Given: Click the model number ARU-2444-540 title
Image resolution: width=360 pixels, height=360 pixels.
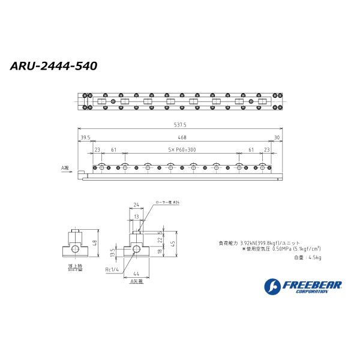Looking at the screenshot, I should click(54, 65).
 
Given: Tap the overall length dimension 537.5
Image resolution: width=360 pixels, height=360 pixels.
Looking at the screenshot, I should click(180, 125).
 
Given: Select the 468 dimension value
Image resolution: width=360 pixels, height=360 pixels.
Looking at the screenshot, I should click(180, 137).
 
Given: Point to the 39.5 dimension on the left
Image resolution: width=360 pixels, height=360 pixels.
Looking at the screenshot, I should click(85, 137).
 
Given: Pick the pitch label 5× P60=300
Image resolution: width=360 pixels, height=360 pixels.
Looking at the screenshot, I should click(181, 149).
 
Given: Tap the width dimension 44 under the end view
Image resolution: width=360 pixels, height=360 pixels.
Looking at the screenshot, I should click(137, 273).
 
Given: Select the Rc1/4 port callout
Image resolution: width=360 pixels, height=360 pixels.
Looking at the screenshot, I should click(112, 269).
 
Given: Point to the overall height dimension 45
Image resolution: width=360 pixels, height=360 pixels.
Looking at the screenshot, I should click(173, 243).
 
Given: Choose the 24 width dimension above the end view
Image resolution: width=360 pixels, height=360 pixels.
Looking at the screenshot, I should click(136, 205).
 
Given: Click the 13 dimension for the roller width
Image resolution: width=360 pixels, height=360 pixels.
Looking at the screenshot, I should click(136, 216).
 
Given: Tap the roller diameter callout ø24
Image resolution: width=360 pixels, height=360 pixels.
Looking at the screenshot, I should click(167, 203).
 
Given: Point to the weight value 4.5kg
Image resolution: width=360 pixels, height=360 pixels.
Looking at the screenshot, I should click(313, 257).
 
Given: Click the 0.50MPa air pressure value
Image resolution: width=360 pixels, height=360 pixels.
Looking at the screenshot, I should click(282, 248).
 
